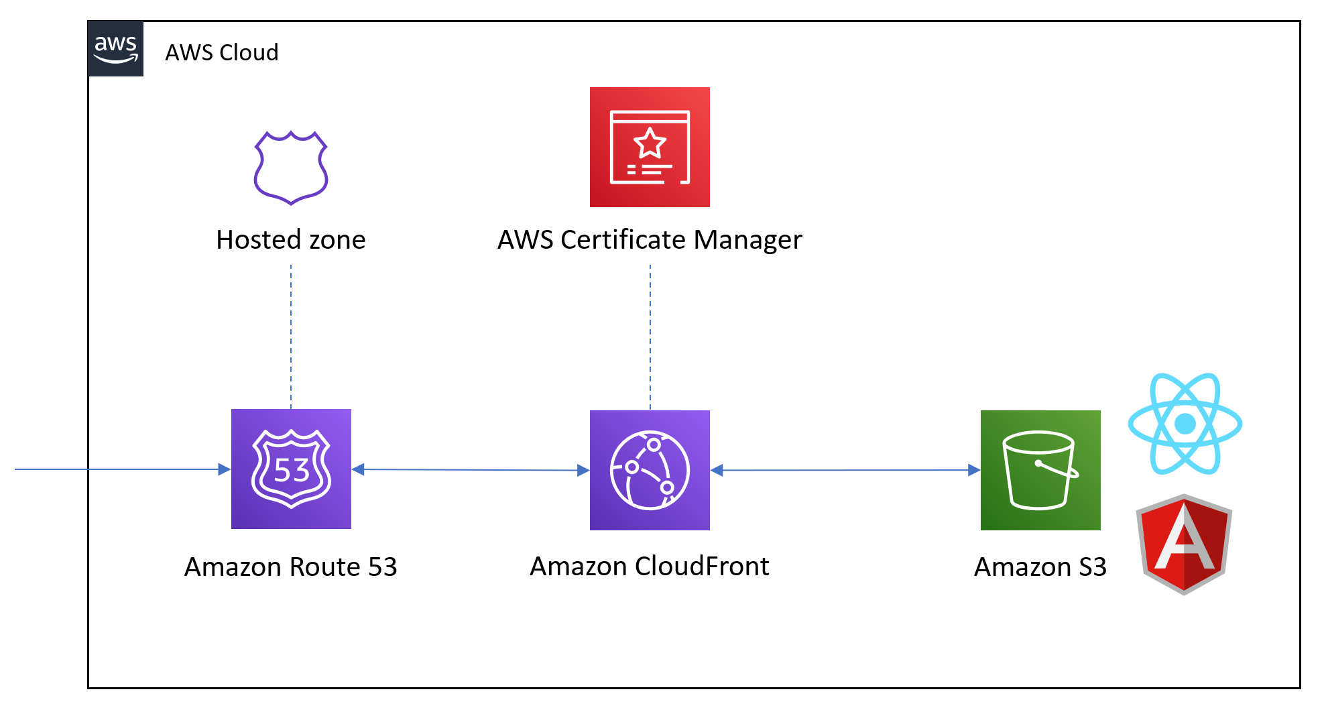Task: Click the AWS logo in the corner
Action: [115, 49]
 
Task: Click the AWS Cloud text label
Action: [221, 52]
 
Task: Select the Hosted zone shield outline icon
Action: [290, 168]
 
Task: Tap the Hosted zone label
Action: [290, 240]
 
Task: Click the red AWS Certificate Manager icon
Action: [649, 147]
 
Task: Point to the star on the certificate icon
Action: [649, 143]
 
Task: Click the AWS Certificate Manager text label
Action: [649, 240]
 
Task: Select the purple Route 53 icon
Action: [291, 469]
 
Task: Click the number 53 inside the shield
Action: [292, 471]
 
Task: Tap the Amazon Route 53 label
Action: [290, 567]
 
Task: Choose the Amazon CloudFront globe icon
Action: [649, 470]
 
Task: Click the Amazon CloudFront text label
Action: [649, 567]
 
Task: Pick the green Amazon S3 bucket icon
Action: [1040, 470]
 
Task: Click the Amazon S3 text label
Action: [1040, 567]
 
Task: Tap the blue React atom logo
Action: [1185, 424]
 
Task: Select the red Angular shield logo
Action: [1184, 544]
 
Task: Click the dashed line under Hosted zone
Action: [291, 335]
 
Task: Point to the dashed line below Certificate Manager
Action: [650, 335]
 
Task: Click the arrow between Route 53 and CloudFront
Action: [469, 469]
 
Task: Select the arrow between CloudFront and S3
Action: [845, 470]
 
